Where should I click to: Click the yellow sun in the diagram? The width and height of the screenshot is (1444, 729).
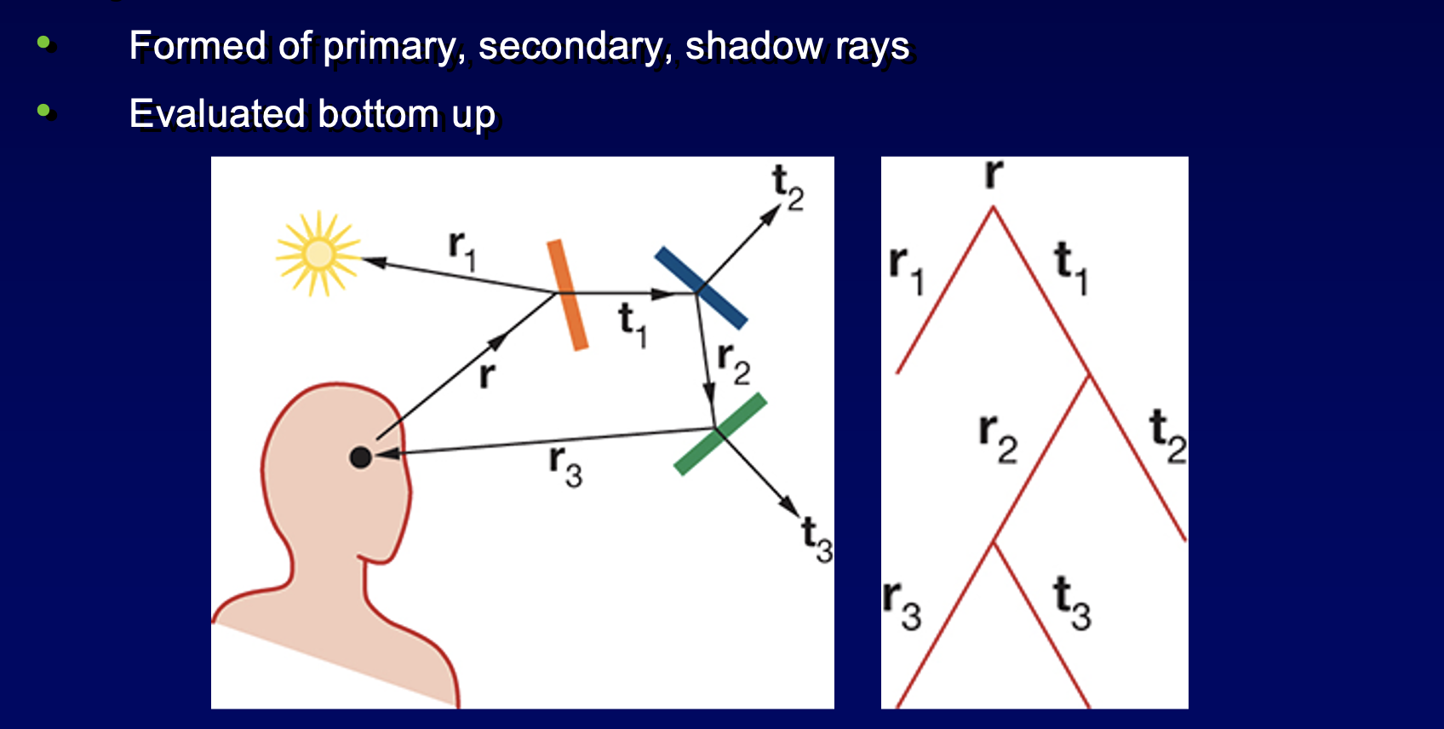click(x=318, y=253)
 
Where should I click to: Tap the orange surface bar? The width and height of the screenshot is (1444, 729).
click(x=567, y=296)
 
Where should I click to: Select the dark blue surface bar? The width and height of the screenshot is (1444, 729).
click(x=702, y=288)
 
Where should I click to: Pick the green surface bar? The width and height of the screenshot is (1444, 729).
click(x=720, y=433)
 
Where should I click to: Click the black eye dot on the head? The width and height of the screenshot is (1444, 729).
click(x=360, y=457)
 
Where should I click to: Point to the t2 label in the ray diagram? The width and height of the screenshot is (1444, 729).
click(x=788, y=187)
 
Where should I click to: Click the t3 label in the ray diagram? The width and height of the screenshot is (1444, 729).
click(x=817, y=540)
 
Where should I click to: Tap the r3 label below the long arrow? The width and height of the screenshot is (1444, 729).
click(x=565, y=466)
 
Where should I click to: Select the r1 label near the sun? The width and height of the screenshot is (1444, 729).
click(x=462, y=250)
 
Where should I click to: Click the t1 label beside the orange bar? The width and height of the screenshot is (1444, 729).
click(x=633, y=325)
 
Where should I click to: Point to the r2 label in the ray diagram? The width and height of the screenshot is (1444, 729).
click(x=734, y=364)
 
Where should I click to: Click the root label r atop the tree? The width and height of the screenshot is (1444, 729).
click(x=994, y=174)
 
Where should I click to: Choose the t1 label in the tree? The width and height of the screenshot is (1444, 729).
click(x=1071, y=267)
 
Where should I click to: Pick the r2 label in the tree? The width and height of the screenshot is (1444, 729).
click(x=998, y=439)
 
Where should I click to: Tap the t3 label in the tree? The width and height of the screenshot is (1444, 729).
click(x=1072, y=603)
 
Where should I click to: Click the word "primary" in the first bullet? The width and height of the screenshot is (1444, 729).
click(x=393, y=46)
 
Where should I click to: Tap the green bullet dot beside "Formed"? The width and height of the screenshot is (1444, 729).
click(x=43, y=43)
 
